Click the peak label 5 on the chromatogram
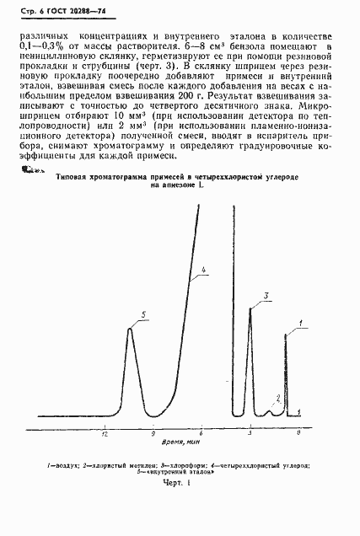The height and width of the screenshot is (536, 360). (x=143, y=314)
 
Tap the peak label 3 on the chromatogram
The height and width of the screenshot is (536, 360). (x=265, y=295)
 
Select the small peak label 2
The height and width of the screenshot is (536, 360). (x=278, y=397)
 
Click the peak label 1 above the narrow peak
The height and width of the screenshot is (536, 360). (x=301, y=324)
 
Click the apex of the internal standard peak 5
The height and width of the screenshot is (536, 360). (x=129, y=329)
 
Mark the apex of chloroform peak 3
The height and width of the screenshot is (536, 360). (x=250, y=308)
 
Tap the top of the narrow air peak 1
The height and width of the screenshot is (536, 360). (x=286, y=335)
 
